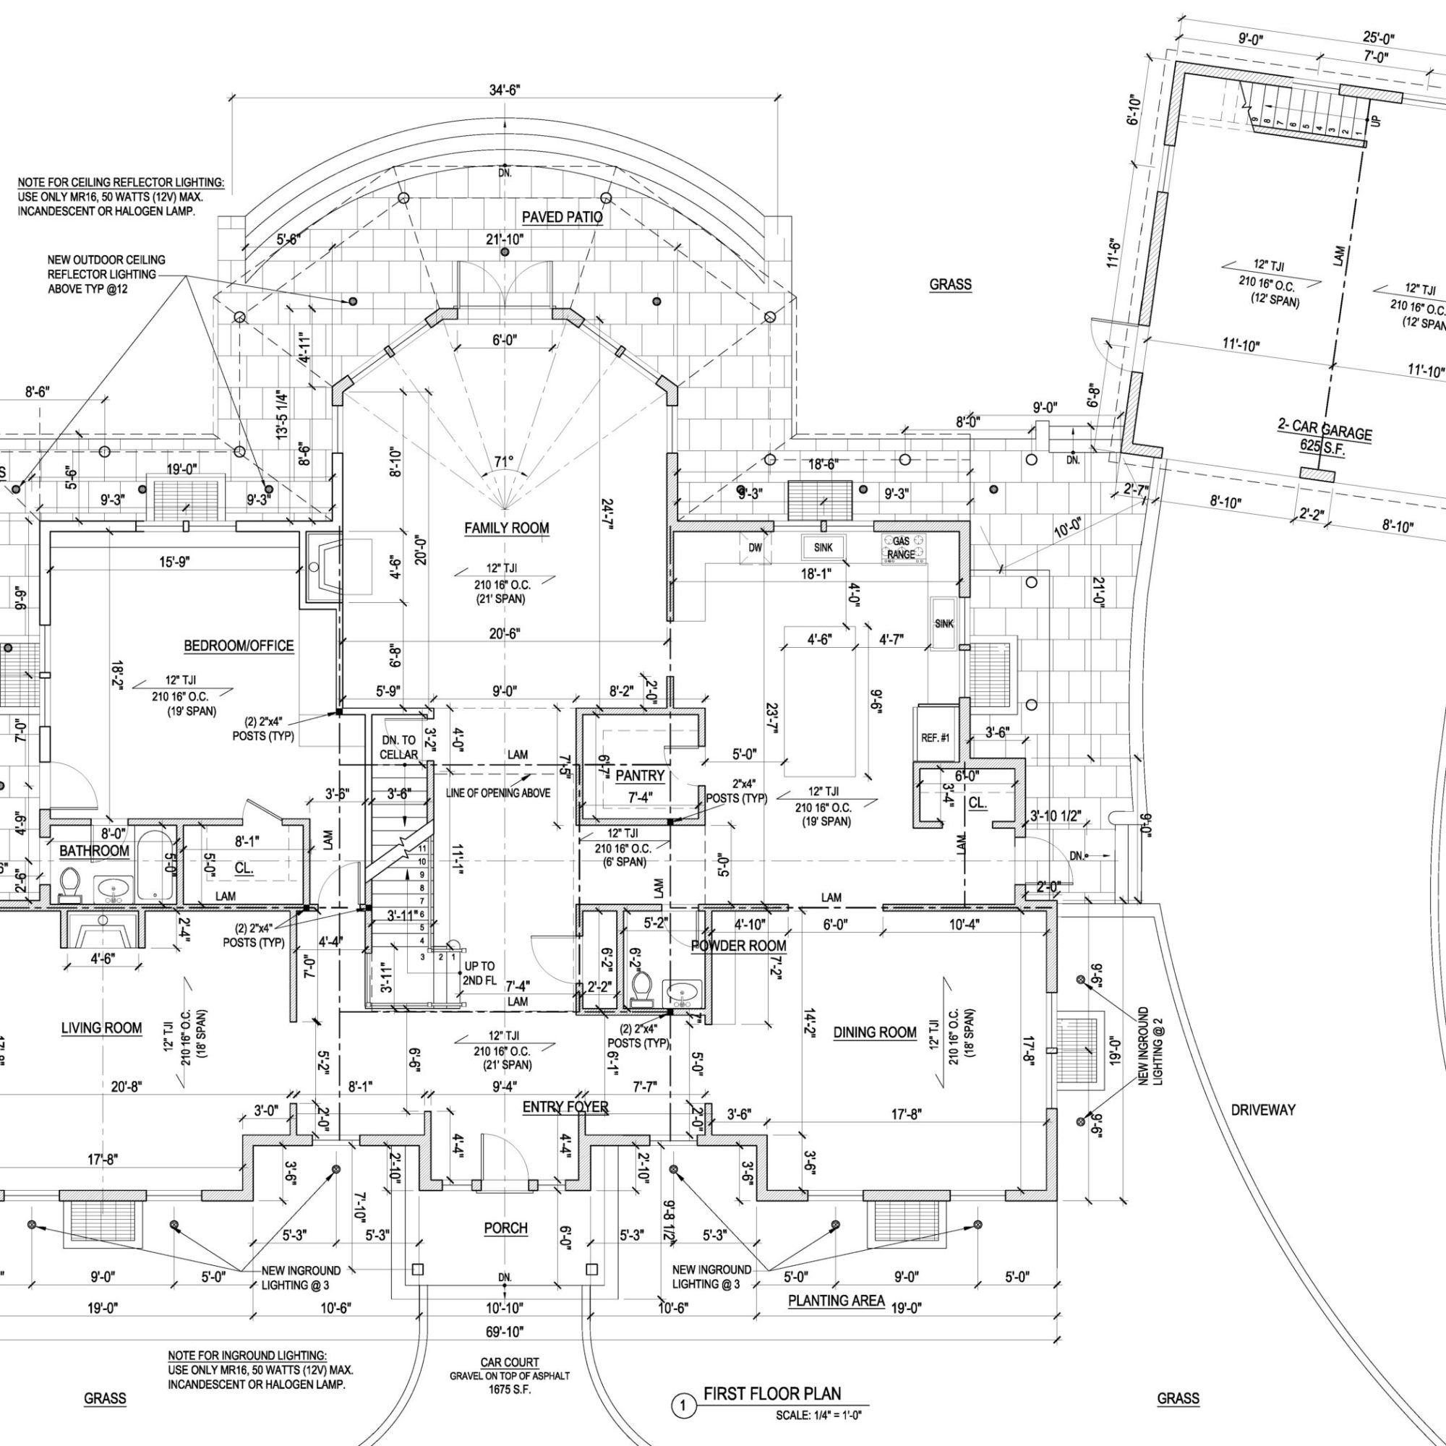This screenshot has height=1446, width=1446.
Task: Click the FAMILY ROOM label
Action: pyautogui.click(x=507, y=529)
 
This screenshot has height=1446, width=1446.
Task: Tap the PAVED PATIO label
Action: pyautogui.click(x=562, y=217)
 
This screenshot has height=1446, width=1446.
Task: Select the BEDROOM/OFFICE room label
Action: pyautogui.click(x=239, y=646)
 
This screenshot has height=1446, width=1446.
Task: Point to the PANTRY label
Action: pyautogui.click(x=640, y=775)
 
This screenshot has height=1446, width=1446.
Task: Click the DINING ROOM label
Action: pyautogui.click(x=875, y=1033)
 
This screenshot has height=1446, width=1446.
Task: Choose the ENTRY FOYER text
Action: pyautogui.click(x=565, y=1107)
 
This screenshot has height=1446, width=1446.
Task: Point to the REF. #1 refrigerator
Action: pyautogui.click(x=936, y=738)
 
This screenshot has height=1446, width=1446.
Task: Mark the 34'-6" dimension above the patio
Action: pyautogui.click(x=505, y=90)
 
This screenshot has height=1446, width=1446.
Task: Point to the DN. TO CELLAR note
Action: pyautogui.click(x=399, y=748)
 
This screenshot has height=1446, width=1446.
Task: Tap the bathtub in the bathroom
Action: pyautogui.click(x=154, y=866)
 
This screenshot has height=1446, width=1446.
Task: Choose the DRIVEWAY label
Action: pyautogui.click(x=1262, y=1110)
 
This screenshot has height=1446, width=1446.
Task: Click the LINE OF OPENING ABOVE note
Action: pyautogui.click(x=498, y=793)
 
